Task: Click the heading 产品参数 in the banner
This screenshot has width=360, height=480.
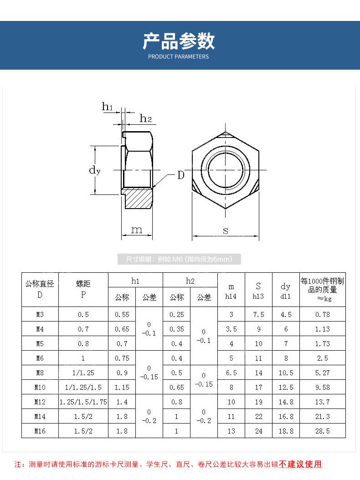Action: point(179,41)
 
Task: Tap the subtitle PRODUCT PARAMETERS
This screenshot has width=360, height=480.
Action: point(178,56)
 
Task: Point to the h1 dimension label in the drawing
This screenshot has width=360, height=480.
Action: point(107,106)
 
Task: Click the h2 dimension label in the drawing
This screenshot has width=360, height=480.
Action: point(145,118)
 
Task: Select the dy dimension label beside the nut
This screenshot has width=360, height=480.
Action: point(95,170)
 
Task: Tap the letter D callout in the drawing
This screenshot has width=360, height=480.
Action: point(181,175)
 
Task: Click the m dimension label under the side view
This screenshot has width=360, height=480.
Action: point(137,230)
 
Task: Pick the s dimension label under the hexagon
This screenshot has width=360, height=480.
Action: point(226,230)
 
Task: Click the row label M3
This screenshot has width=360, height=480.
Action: point(40,314)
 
